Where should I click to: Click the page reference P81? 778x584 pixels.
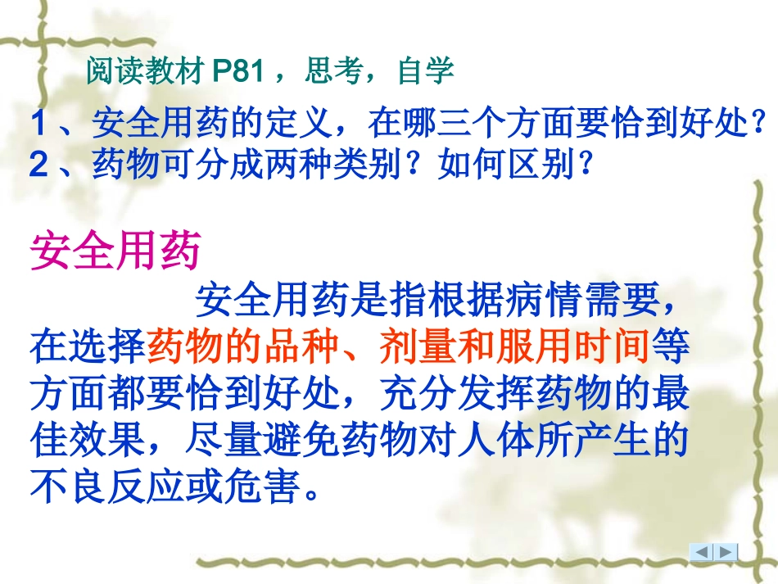click(x=237, y=72)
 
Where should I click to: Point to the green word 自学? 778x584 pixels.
click(x=426, y=72)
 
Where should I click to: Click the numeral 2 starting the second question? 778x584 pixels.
click(x=38, y=165)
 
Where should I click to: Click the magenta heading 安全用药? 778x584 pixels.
click(x=115, y=251)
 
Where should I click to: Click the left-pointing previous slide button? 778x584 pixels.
click(x=702, y=552)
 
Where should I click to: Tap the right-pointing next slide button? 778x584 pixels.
click(x=726, y=552)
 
